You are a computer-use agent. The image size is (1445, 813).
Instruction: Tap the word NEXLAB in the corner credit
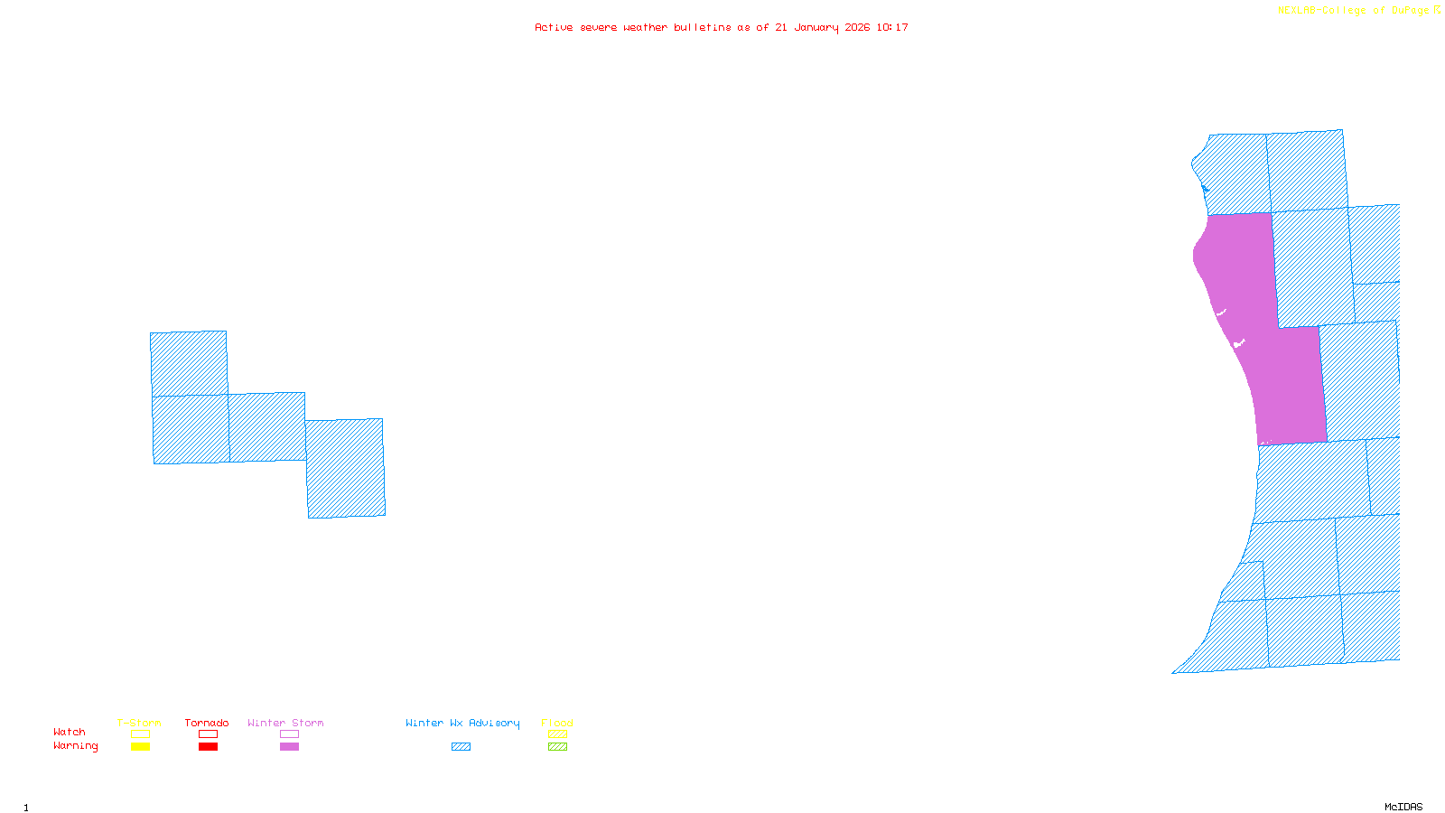pyautogui.click(x=1297, y=11)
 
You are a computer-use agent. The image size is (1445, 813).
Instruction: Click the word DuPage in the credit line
pyautogui.click(x=1410, y=11)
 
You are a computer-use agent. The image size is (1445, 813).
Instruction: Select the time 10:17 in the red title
pyautogui.click(x=891, y=28)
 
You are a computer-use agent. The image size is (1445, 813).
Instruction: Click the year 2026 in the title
pyautogui.click(x=857, y=28)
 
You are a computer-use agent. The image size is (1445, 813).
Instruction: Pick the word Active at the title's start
pyautogui.click(x=553, y=28)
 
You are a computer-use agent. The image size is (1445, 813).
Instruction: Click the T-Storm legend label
pyautogui.click(x=139, y=723)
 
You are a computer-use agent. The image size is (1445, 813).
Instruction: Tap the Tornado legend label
pyautogui.click(x=207, y=723)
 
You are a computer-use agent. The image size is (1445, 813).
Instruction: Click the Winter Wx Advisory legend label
pyautogui.click(x=462, y=723)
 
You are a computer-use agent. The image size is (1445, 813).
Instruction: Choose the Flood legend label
pyautogui.click(x=557, y=723)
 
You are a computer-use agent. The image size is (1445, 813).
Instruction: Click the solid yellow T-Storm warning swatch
pyautogui.click(x=140, y=747)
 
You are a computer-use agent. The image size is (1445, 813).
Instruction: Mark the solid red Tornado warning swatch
pyautogui.click(x=209, y=747)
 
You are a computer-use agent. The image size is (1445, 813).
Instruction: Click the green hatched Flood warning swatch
pyautogui.click(x=558, y=747)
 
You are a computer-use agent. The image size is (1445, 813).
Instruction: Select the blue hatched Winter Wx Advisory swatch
pyautogui.click(x=461, y=747)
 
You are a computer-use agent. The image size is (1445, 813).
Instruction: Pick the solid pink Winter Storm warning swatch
pyautogui.click(x=289, y=747)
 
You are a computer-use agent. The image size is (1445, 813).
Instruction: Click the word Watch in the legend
pyautogui.click(x=70, y=732)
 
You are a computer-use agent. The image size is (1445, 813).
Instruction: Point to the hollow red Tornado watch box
pyautogui.click(x=209, y=734)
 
